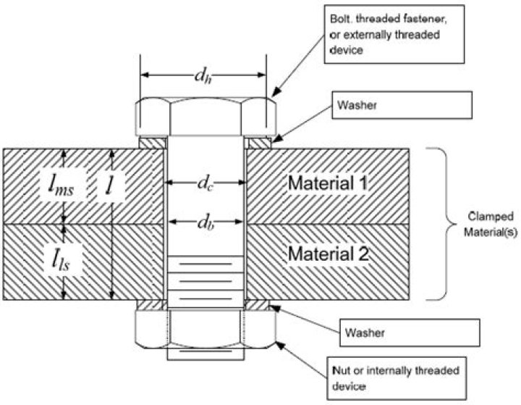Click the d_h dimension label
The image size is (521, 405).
point(203,76)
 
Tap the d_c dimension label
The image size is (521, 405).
point(206,183)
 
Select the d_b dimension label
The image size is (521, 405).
point(206,222)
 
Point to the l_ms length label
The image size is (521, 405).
point(61,185)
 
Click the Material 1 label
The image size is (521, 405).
point(328,183)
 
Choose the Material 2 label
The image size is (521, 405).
point(329,254)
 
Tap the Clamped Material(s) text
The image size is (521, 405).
point(491,224)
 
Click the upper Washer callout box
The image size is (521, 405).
point(402,105)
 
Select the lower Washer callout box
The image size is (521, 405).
point(410,333)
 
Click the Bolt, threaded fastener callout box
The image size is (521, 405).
point(394,34)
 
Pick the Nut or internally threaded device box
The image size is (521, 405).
point(397,378)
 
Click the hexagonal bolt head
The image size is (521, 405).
point(206,117)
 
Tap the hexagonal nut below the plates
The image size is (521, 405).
point(206,329)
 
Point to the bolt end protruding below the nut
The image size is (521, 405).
point(206,354)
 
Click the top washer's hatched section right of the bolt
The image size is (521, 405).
point(260,143)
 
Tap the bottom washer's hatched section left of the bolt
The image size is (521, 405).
point(152,305)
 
